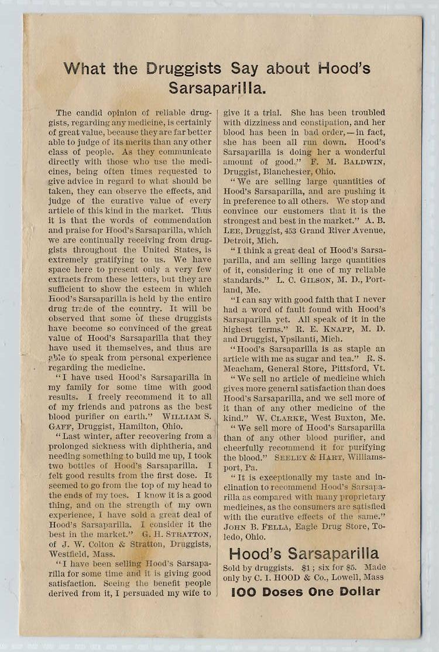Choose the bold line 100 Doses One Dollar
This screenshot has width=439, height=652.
pyautogui.click(x=305, y=592)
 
